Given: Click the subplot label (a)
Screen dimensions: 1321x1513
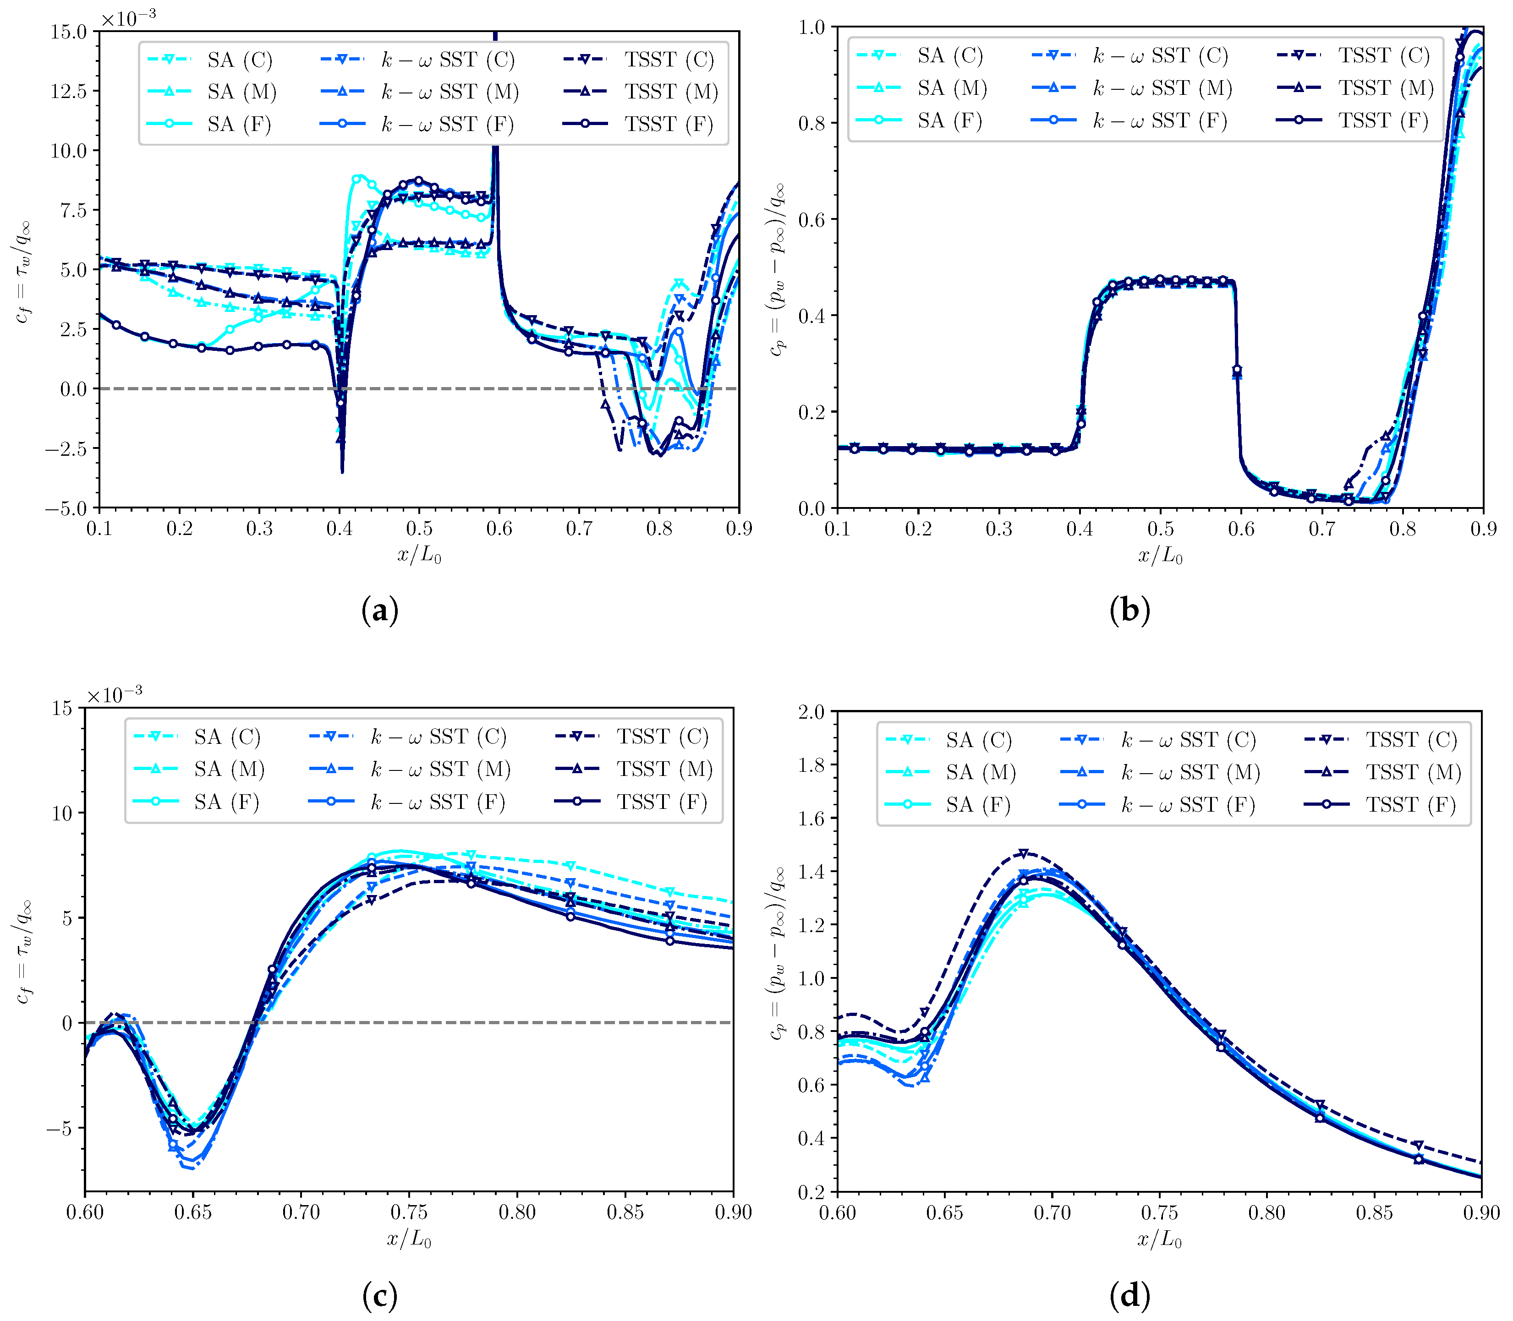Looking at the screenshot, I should (380, 611).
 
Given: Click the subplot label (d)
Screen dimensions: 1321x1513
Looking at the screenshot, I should (1129, 1295).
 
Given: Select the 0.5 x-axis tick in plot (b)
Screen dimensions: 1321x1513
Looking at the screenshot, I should (1161, 529).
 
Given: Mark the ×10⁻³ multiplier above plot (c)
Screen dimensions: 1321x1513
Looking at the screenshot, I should (114, 694).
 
